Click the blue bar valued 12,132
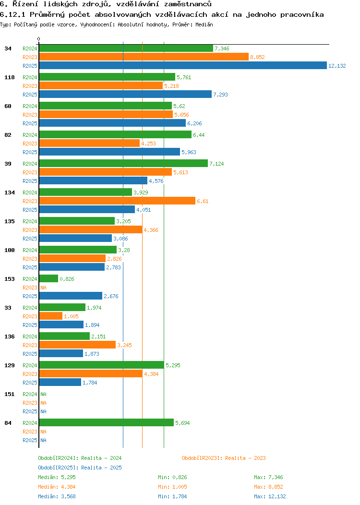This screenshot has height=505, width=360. tap(182, 66)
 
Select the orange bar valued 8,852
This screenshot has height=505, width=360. tap(144, 57)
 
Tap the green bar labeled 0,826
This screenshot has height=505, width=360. tap(48, 279)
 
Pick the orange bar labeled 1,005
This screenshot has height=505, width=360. tap(50, 316)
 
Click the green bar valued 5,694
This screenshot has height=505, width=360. tap(106, 423)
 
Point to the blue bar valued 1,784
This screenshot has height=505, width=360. tap(60, 383)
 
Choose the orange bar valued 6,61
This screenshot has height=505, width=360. tap(117, 201)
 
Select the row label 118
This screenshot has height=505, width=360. tap(8, 77)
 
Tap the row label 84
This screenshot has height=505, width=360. tap(8, 423)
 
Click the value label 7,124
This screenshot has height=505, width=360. tap(216, 164)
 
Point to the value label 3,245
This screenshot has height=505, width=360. tap(125, 345)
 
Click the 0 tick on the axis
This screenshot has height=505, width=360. tap(39, 39)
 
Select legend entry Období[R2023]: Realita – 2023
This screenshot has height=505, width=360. tap(224, 458)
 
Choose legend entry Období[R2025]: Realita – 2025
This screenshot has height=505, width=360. tap(80, 468)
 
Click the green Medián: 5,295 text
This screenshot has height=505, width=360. tap(57, 477)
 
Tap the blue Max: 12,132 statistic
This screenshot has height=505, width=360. tap(270, 496)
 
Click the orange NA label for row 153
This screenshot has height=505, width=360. tap(43, 288)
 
